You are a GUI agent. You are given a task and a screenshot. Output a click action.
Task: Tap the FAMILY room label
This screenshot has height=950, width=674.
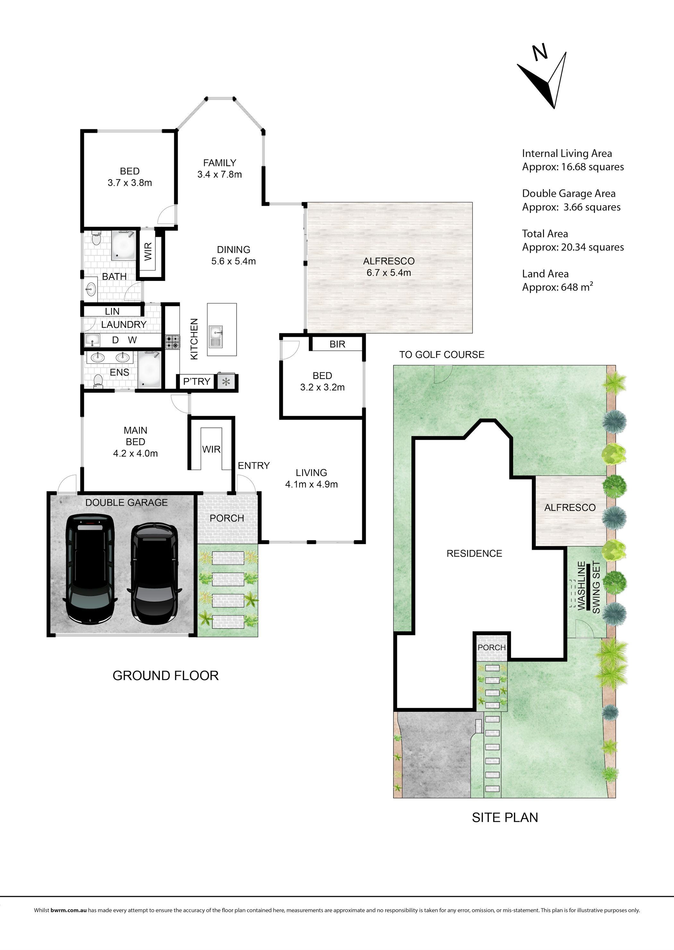click(x=220, y=163)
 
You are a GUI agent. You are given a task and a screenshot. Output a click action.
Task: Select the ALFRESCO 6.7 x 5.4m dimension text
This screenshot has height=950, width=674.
click(x=389, y=273)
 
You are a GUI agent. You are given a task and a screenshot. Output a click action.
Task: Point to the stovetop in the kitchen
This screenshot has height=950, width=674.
click(x=173, y=342)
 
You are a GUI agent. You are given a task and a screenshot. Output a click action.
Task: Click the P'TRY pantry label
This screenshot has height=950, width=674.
click(x=197, y=381)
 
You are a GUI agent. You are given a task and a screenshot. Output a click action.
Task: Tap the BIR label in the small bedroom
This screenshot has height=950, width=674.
click(x=337, y=344)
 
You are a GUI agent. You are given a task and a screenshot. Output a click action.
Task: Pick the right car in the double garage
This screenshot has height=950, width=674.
click(x=155, y=574)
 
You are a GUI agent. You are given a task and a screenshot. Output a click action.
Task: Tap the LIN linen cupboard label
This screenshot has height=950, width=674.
click(x=112, y=311)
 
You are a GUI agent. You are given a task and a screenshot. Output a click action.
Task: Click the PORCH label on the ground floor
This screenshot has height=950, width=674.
click(x=227, y=518)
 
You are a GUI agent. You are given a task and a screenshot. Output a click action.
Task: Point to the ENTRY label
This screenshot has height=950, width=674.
click(x=254, y=466)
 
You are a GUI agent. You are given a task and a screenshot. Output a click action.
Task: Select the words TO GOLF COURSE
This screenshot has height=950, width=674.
click(x=442, y=354)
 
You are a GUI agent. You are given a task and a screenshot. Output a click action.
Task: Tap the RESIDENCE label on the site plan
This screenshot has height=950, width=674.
click(x=474, y=553)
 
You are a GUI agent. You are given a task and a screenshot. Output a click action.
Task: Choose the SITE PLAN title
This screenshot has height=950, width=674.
click(x=505, y=817)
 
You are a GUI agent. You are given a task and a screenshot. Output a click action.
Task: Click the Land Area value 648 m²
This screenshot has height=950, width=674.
click(x=576, y=287)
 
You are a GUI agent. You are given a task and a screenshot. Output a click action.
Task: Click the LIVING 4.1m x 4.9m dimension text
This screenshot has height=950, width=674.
click(x=311, y=484)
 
